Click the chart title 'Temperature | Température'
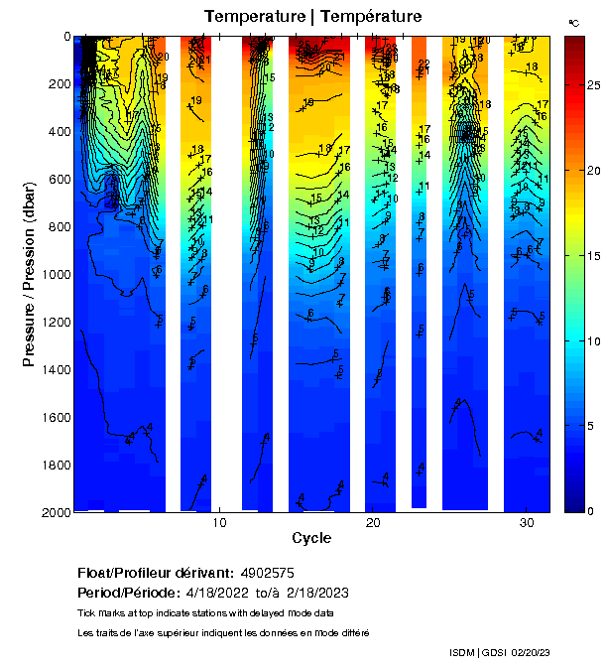point(312,17)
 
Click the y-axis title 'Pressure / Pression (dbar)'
point(29,274)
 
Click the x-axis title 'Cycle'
point(311,538)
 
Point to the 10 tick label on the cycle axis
point(219,522)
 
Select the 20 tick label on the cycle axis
point(373,522)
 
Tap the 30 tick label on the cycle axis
point(527,522)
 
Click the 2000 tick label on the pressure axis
point(55,512)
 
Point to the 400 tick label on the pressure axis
point(58,131)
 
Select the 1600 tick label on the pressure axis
point(55,417)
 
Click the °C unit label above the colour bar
point(574,22)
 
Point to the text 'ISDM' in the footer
point(463,652)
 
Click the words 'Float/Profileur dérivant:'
point(154,574)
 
